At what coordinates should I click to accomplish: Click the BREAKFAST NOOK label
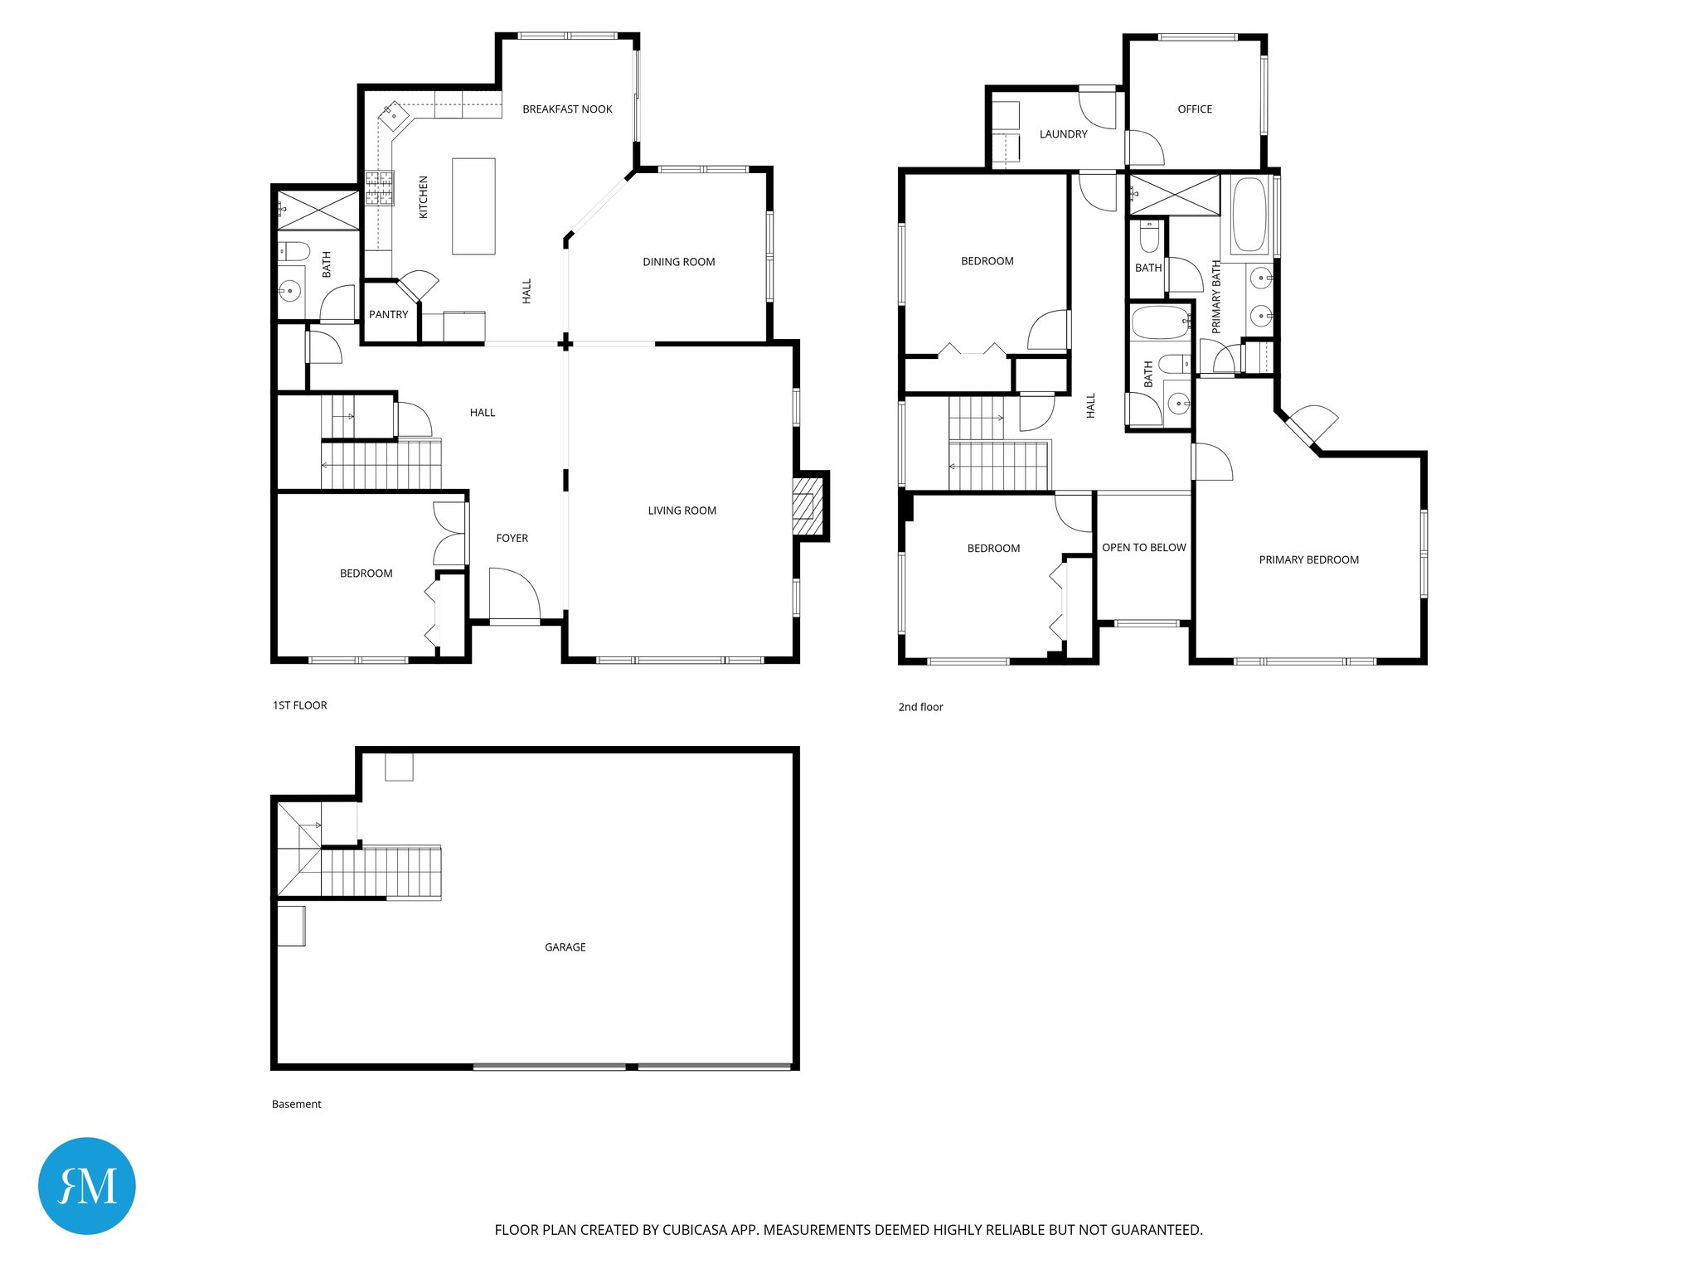click(567, 109)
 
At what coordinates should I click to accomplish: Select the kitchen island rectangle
click(473, 206)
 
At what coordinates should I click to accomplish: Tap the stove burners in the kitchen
click(379, 188)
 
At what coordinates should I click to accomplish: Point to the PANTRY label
click(388, 315)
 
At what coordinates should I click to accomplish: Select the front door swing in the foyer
click(514, 593)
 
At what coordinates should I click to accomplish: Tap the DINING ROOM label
click(678, 262)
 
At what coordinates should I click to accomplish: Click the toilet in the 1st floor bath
click(294, 250)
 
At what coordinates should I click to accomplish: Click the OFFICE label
click(1194, 109)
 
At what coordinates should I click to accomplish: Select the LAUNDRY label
click(1063, 134)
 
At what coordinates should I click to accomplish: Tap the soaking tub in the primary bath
click(1249, 215)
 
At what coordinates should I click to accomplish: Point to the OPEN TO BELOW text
click(1143, 548)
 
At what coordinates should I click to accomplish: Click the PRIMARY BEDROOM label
click(1308, 560)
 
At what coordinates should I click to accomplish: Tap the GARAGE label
click(565, 947)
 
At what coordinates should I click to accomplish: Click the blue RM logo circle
click(87, 1185)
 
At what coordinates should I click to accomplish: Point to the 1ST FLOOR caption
click(299, 705)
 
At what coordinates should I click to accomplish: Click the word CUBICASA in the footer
click(694, 1230)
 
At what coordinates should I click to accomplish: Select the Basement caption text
click(296, 1104)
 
